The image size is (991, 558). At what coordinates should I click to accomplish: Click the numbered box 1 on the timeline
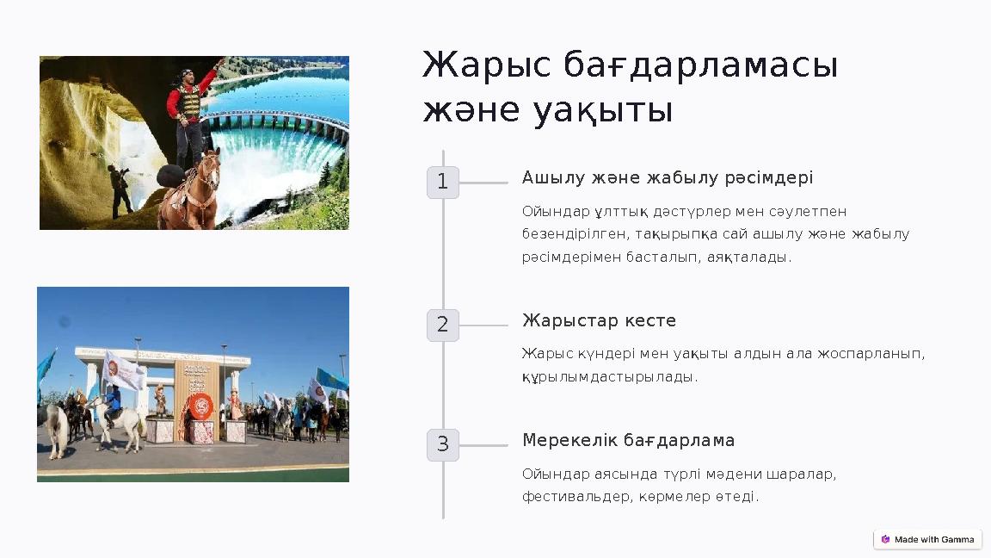click(442, 183)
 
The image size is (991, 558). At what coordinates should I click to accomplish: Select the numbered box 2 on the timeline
click(442, 325)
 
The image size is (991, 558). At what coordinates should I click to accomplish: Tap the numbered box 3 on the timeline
click(442, 445)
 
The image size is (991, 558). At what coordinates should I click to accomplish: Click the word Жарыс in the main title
click(487, 65)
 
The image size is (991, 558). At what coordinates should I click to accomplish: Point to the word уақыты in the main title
click(602, 111)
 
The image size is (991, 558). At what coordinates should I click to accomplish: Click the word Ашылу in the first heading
click(551, 177)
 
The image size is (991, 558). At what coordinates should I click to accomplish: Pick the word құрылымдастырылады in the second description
click(608, 376)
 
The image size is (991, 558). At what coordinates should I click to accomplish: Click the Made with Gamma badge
click(927, 539)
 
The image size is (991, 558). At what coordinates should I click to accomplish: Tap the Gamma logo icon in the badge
click(885, 539)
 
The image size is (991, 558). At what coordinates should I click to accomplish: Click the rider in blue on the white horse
click(113, 403)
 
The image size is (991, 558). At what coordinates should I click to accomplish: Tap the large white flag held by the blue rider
click(124, 371)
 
